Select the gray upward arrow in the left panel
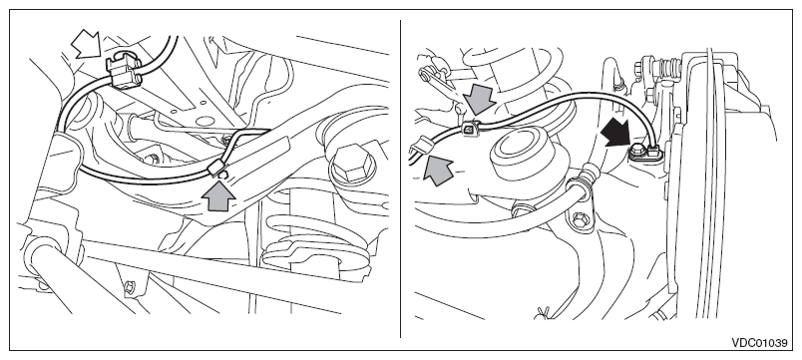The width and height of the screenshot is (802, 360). pyautogui.click(x=218, y=194)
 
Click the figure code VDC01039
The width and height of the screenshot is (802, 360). pyautogui.click(x=759, y=343)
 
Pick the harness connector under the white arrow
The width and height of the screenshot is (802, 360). pyautogui.click(x=123, y=72)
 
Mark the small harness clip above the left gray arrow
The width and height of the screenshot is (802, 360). pyautogui.click(x=217, y=168)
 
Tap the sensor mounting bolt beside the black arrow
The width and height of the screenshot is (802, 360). pyautogui.click(x=637, y=151)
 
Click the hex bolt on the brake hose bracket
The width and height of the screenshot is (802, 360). pyautogui.click(x=579, y=220)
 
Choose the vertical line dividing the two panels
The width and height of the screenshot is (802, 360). pyautogui.click(x=400, y=179)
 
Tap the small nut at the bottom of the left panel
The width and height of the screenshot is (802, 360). pyautogui.click(x=130, y=288)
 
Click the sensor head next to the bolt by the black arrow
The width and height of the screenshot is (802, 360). pyautogui.click(x=653, y=151)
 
